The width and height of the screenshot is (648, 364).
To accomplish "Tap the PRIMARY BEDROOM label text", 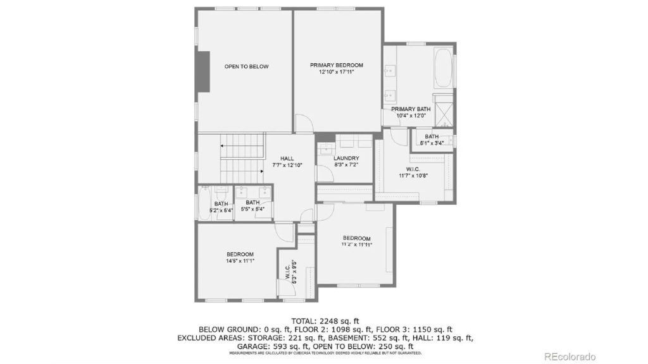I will (336, 65).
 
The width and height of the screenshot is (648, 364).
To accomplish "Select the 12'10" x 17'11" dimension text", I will (336, 72).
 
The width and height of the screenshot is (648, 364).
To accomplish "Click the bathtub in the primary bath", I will (443, 69).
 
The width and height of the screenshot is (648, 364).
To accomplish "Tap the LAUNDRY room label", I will (346, 158).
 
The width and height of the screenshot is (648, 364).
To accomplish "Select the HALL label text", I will (287, 158).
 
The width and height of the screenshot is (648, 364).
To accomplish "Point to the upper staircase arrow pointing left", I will (224, 145).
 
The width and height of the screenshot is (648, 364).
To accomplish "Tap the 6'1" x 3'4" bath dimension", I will (432, 143).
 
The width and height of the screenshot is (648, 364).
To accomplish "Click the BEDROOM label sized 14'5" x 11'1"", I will (240, 253).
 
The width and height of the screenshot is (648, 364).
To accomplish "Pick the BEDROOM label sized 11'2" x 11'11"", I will (357, 238).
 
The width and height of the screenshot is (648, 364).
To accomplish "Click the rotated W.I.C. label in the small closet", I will (287, 272).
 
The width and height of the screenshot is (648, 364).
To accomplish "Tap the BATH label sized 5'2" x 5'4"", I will (221, 203).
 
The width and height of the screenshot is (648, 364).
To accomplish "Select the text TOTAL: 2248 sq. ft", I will (325, 320).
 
